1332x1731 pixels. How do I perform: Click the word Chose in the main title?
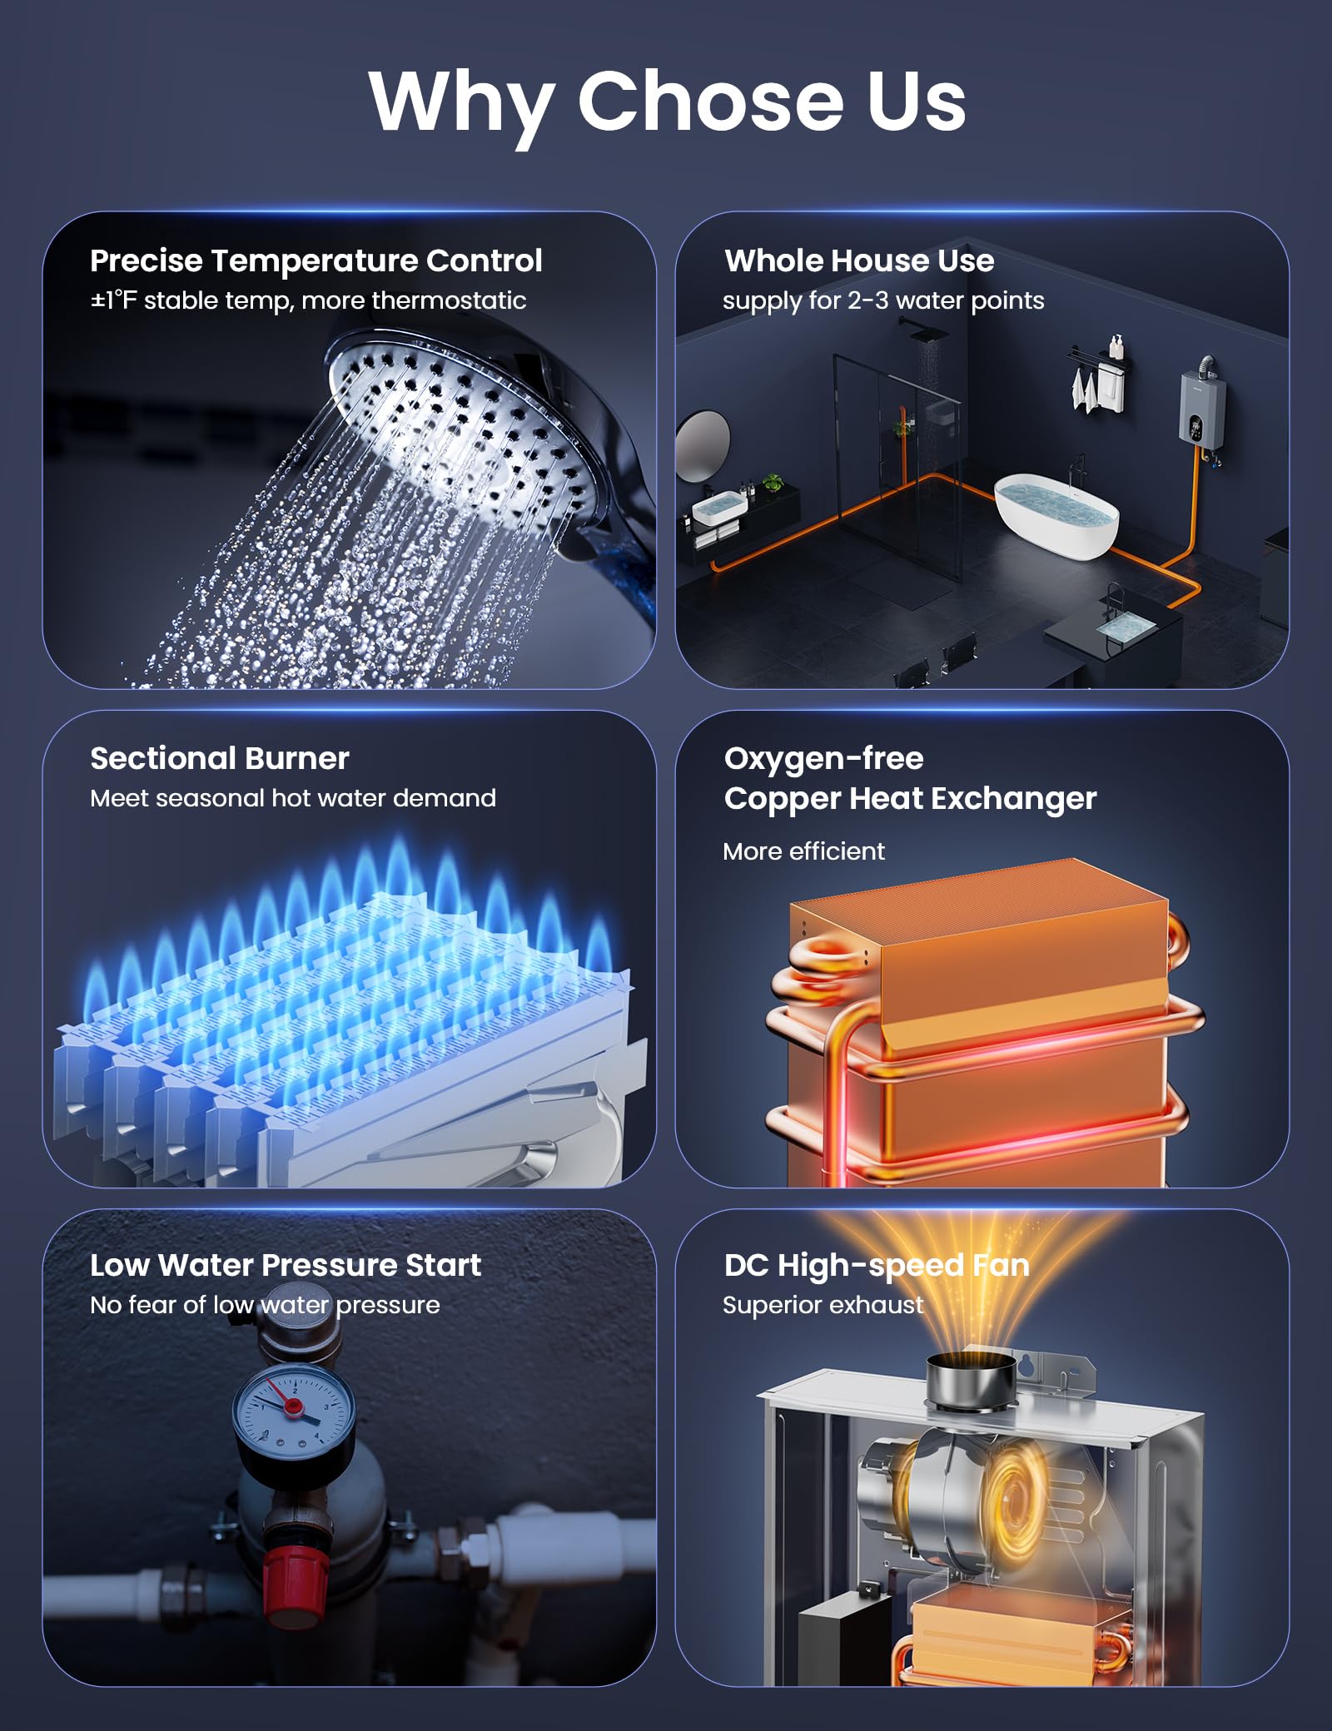[709, 101]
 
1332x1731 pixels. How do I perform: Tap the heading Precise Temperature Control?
[316, 260]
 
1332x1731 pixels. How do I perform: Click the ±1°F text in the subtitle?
[113, 300]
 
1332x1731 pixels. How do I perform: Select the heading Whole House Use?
[859, 260]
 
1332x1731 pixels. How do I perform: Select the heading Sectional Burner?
[220, 758]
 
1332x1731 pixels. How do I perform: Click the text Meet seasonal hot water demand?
[293, 798]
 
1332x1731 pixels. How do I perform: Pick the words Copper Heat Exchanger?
[910, 799]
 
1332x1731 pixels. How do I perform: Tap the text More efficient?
[803, 851]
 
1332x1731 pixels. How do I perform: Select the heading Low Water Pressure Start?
[286, 1265]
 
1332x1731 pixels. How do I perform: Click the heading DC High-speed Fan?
[877, 1265]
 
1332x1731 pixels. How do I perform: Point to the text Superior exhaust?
[823, 1305]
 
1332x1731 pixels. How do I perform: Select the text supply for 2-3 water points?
[883, 300]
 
